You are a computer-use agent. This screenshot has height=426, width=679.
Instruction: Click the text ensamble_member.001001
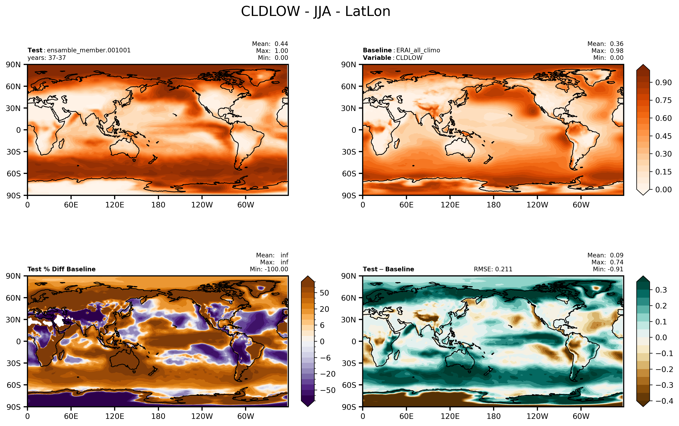coord(88,50)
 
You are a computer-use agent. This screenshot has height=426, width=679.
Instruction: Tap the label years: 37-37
coord(47,58)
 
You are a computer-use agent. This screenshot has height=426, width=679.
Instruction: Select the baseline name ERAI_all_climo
coord(418,50)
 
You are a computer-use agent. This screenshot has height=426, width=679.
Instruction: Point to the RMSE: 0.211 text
coord(493,269)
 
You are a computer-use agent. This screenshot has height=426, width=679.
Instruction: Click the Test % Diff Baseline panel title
coord(61,269)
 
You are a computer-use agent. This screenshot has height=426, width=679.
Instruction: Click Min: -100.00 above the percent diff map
coord(269,269)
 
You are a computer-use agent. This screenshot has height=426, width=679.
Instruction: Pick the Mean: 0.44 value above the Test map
coord(270,44)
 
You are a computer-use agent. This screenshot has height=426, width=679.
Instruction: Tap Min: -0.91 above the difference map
coord(608,269)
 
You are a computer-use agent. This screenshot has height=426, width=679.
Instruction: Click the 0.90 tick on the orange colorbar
coord(663,83)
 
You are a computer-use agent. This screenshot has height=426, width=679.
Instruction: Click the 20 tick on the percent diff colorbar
coord(324,309)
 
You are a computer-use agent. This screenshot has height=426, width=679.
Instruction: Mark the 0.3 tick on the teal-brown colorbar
coord(661,290)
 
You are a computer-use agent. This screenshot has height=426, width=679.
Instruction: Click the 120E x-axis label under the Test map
coord(115,205)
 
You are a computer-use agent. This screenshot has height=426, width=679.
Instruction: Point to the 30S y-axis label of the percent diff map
coord(14,363)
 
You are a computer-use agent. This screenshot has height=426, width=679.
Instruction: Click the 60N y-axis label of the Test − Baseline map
coord(349,298)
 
